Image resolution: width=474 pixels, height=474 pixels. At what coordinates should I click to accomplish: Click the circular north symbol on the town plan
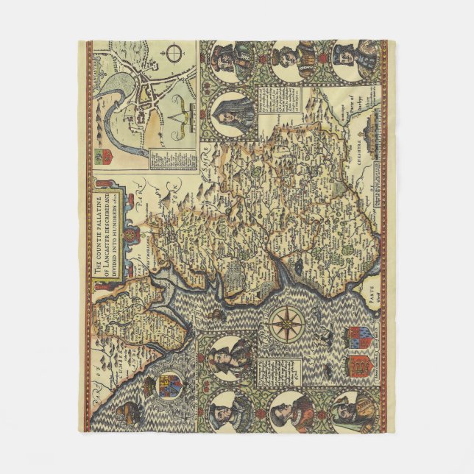174,55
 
